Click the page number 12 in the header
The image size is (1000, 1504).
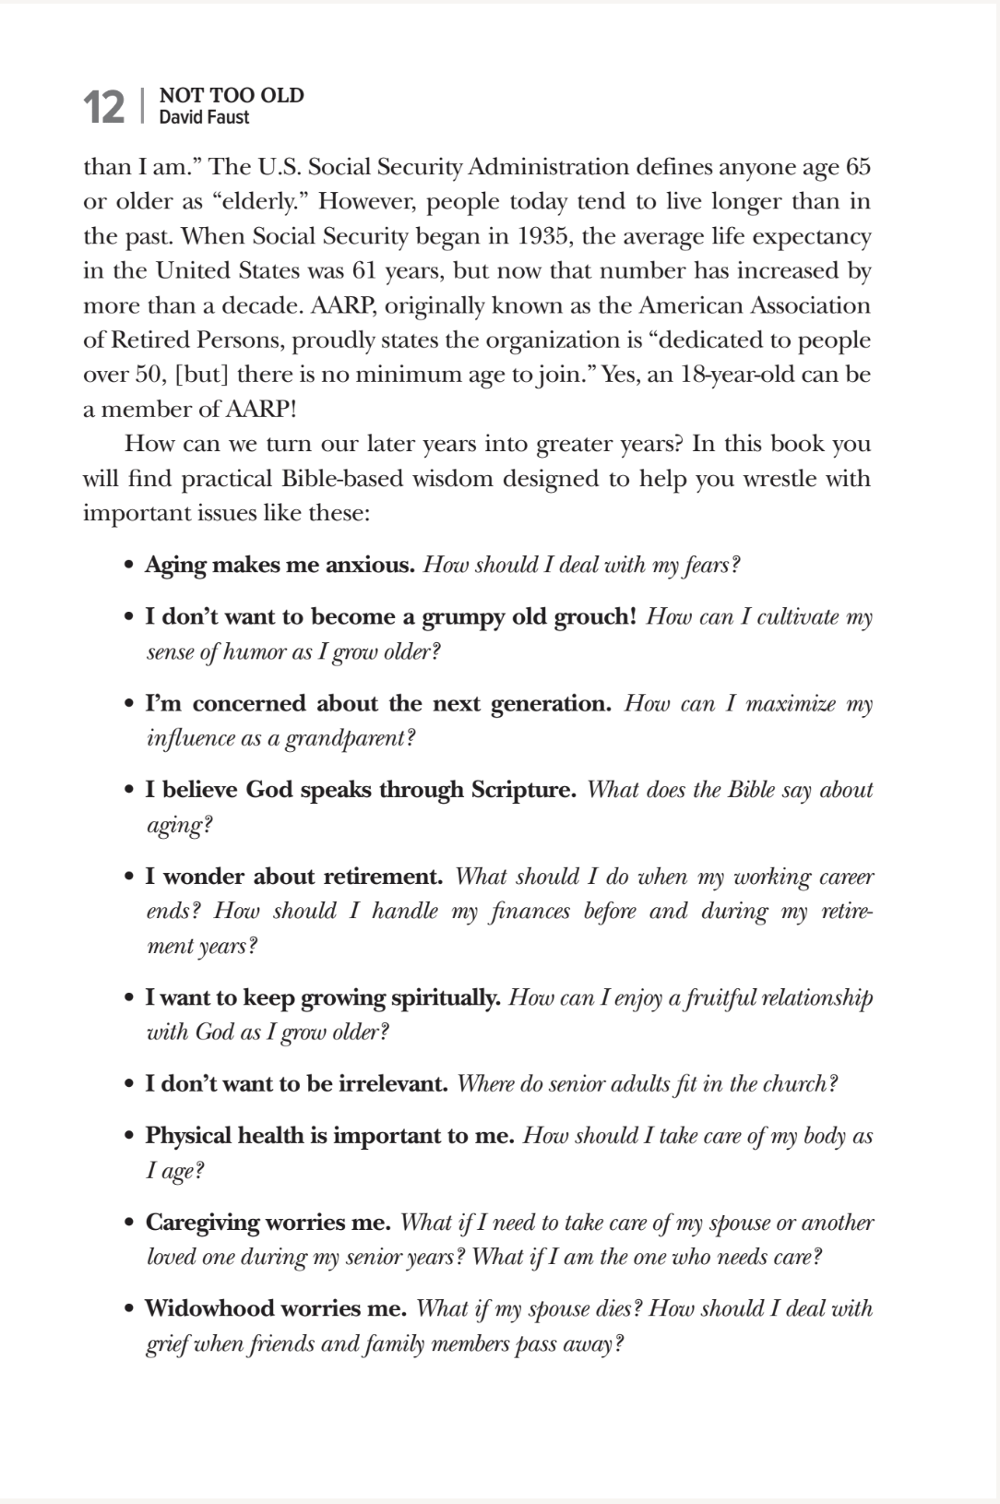[104, 107]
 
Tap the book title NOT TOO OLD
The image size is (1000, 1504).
[232, 95]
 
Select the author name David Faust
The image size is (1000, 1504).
[204, 118]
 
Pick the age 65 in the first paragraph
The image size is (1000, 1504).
[857, 167]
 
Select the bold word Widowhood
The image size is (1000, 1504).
[208, 1308]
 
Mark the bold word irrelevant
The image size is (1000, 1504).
[393, 1083]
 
